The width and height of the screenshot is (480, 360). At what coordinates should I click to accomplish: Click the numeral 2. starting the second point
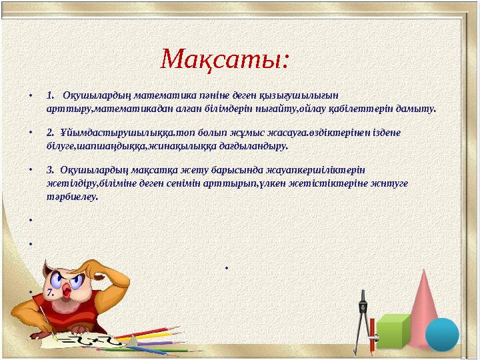point(51,132)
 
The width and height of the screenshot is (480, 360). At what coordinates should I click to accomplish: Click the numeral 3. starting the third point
point(51,169)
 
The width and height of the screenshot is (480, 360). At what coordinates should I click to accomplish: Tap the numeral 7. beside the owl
point(50,292)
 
